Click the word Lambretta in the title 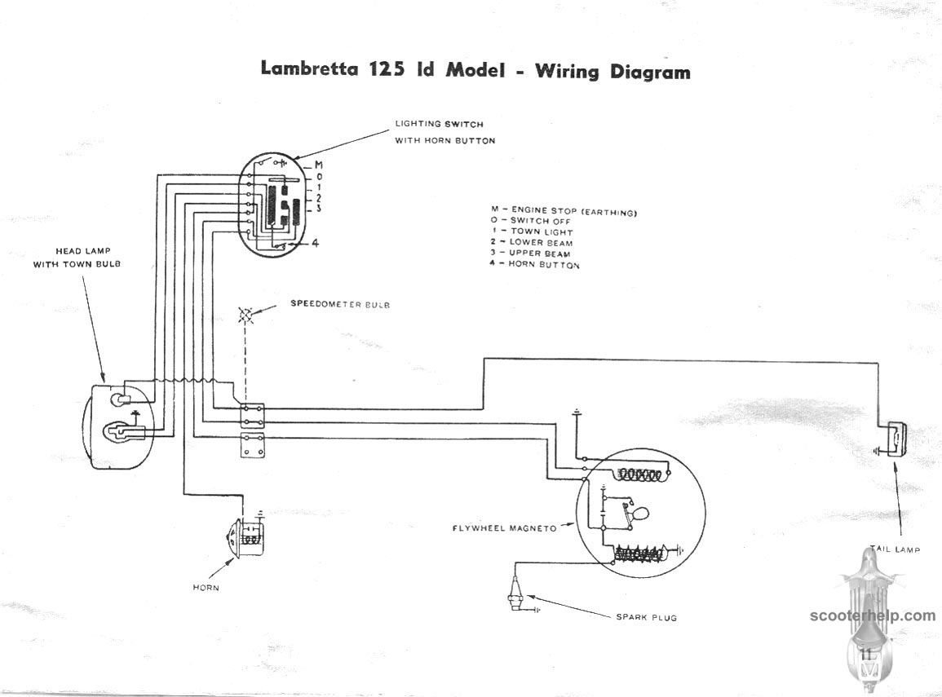309,68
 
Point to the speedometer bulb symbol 245,315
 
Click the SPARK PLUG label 647,617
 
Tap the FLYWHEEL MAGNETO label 505,528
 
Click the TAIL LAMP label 896,549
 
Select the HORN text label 206,587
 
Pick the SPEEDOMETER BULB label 340,304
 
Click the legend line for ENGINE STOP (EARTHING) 564,210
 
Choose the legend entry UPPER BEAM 530,254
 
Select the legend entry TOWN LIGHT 533,232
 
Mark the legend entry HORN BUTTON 535,264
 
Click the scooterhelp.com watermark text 873,615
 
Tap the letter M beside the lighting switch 318,165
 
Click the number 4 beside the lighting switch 315,243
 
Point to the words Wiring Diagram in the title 613,71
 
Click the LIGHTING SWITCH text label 439,124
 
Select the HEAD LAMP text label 83,251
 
